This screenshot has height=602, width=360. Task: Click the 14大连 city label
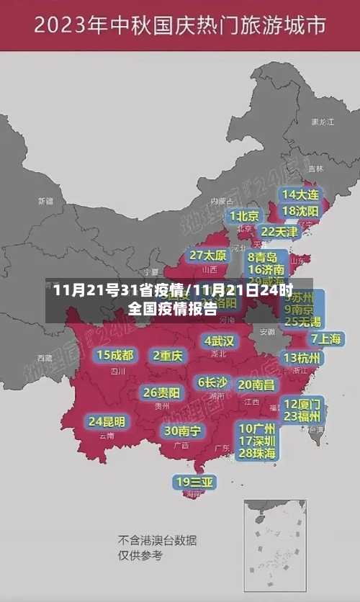300,194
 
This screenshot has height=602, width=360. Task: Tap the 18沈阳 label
300,211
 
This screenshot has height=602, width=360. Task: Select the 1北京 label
244,215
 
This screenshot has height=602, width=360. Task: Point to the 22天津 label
279,232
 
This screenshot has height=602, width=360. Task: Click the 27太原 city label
208,256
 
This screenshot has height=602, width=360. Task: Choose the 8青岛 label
262,257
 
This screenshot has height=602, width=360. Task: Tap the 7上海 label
326,338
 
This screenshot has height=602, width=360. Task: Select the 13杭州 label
302,358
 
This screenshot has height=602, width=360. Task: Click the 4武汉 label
218,341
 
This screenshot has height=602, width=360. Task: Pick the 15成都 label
115,355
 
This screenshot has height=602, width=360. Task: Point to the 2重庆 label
168,355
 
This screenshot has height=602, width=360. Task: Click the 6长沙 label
213,382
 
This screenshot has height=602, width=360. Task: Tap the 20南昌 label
256,385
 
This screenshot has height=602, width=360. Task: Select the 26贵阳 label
161,392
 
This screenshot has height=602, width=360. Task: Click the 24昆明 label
107,421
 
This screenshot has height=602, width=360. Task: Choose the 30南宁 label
181,431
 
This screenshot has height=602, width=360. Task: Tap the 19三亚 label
194,482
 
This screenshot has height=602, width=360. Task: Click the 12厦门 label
302,404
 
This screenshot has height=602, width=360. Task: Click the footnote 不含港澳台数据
157,540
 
